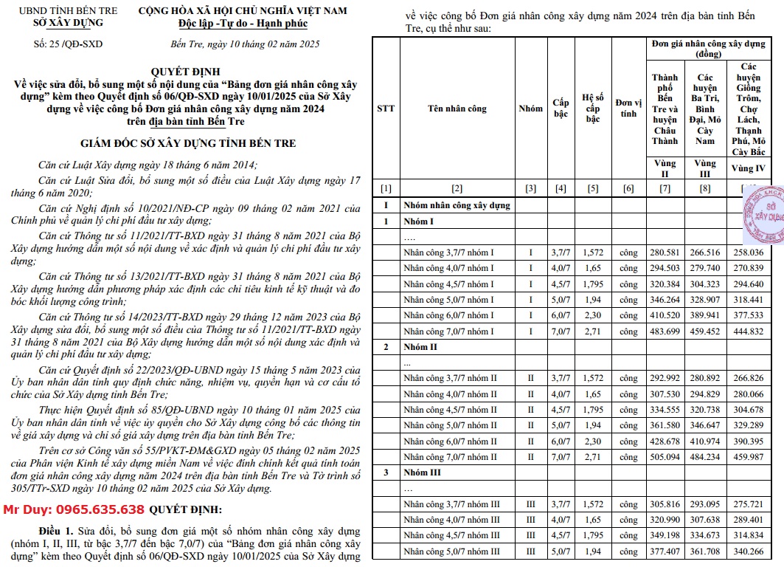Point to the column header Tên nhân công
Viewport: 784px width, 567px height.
click(457, 109)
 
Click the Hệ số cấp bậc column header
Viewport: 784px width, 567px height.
click(593, 109)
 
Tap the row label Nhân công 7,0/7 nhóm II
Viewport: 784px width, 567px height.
click(451, 457)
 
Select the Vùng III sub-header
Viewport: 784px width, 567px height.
click(705, 168)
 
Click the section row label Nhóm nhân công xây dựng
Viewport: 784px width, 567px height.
click(457, 205)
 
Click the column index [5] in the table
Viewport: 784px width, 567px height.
click(593, 188)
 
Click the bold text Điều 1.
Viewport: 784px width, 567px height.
click(59, 531)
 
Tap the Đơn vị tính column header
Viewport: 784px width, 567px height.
click(628, 109)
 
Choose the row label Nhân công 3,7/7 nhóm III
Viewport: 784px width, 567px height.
click(451, 504)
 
